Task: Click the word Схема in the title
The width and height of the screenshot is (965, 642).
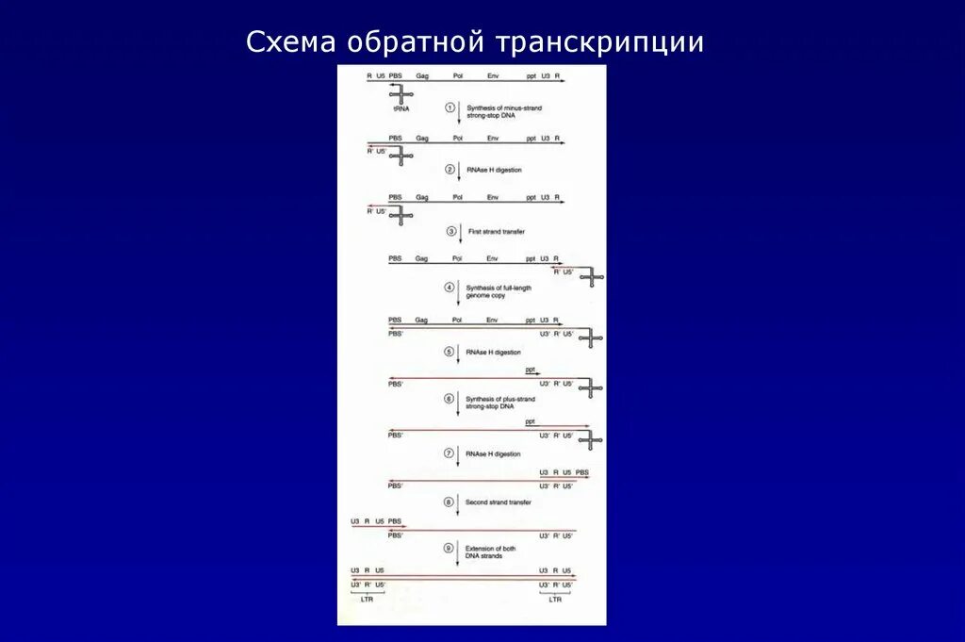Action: pyautogui.click(x=289, y=43)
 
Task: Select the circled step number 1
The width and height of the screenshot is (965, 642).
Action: pyautogui.click(x=450, y=108)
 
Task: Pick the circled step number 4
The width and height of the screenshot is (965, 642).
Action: pyautogui.click(x=450, y=287)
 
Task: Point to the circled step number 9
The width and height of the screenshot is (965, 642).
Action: pyautogui.click(x=450, y=548)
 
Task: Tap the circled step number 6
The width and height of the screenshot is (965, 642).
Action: pyautogui.click(x=450, y=399)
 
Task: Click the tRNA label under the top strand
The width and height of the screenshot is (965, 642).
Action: pyautogui.click(x=401, y=110)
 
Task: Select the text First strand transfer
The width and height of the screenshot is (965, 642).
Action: pyautogui.click(x=496, y=231)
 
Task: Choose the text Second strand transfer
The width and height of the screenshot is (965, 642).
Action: pyautogui.click(x=499, y=502)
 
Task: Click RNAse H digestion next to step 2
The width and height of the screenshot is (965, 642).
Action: pyautogui.click(x=494, y=170)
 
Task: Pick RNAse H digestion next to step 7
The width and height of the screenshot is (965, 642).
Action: pyautogui.click(x=493, y=453)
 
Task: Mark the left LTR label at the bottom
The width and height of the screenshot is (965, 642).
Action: pyautogui.click(x=367, y=599)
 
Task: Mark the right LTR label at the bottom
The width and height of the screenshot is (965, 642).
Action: pyautogui.click(x=556, y=599)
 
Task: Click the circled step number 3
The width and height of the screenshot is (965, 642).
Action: pyautogui.click(x=450, y=231)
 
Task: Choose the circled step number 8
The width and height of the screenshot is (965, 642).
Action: pyautogui.click(x=450, y=502)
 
